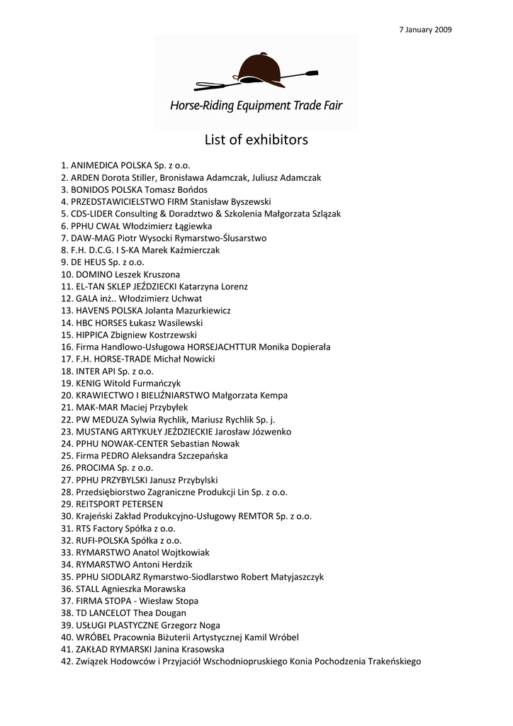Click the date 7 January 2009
426,30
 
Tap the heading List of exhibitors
256,140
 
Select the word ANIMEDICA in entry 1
96,165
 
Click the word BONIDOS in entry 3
89,189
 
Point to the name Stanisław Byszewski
235,201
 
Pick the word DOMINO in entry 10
94,274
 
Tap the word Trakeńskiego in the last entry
393,661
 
